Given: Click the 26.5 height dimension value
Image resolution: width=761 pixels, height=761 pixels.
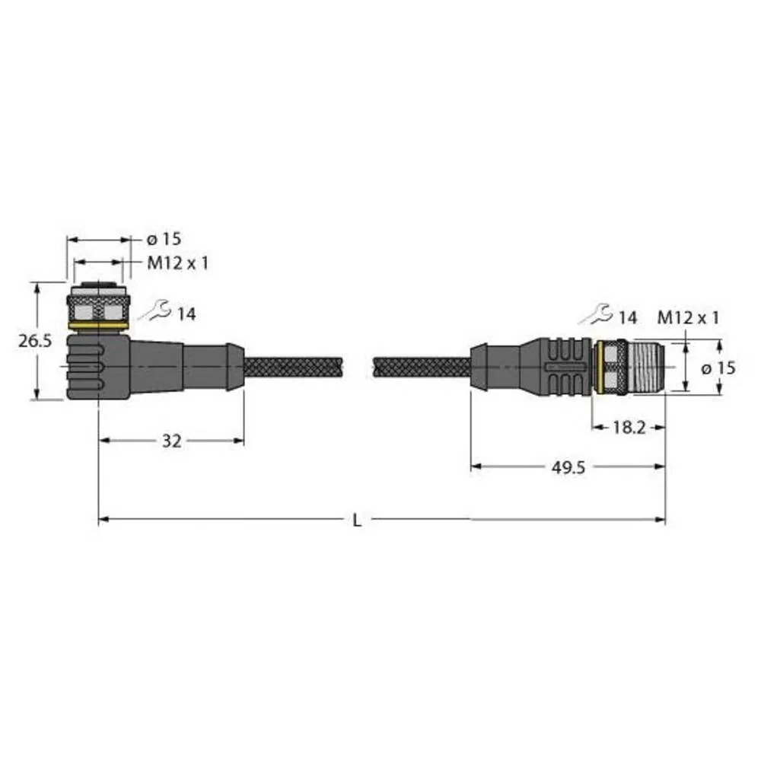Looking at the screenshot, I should [35, 341].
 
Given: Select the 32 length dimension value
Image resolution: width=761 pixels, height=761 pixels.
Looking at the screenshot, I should [172, 441].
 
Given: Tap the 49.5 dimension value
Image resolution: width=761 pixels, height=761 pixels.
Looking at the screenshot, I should [568, 468].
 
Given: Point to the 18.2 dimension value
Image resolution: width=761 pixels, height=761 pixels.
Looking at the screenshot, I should [629, 428].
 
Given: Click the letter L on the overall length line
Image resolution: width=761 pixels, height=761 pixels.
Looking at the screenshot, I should [357, 521].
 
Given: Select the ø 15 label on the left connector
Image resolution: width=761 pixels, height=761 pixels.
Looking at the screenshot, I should [164, 239].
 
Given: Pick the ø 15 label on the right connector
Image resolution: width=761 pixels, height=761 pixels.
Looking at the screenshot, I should [717, 368].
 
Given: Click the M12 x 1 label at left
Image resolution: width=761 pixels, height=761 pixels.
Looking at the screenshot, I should [177, 263].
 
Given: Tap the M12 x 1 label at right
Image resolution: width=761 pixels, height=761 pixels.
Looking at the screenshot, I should [687, 318].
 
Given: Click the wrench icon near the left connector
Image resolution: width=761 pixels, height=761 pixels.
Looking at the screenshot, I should [154, 310].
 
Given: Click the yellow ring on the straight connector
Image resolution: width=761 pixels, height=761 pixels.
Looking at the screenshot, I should [600, 369].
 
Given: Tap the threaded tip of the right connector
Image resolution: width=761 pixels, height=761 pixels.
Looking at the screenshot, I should [647, 368].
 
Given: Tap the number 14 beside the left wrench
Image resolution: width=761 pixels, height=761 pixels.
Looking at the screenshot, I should [186, 313].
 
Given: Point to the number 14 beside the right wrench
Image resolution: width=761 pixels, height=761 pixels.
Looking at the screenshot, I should [628, 318].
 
